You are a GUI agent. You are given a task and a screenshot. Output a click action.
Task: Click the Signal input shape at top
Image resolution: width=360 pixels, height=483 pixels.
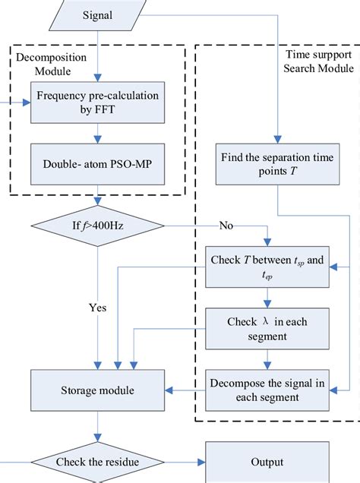(96, 14)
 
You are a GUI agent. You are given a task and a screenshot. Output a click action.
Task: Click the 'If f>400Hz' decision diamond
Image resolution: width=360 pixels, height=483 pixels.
(96, 225)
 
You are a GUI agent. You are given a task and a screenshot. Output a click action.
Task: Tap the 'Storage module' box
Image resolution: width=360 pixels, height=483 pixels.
(96, 390)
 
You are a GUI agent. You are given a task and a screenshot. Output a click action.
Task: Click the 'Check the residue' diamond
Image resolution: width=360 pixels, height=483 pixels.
(96, 461)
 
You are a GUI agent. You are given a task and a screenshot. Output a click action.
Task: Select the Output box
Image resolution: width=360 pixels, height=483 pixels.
(267, 461)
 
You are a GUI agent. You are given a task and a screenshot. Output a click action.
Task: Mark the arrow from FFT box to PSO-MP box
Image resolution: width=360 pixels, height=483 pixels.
(96, 138)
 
